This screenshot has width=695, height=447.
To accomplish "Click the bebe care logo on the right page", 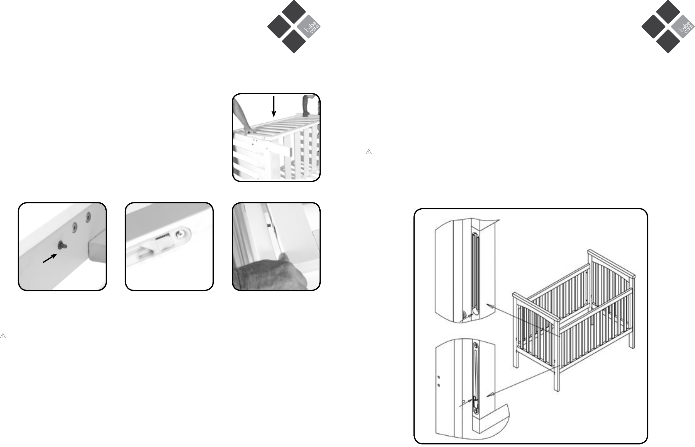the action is (x=668, y=27).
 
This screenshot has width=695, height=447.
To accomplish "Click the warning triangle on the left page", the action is (x=3, y=336).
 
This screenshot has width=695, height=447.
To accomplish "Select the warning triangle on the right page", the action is (x=369, y=152).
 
